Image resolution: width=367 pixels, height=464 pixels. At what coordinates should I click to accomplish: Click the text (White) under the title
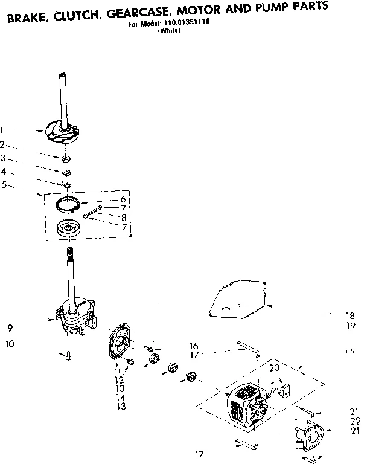168,32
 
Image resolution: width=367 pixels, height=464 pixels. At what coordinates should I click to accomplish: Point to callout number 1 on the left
2,129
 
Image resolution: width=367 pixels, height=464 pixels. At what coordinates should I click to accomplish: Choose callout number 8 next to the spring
123,217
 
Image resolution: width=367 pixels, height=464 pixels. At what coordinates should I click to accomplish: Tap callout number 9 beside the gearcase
10,328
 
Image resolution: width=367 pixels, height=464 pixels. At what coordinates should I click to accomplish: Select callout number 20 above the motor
274,367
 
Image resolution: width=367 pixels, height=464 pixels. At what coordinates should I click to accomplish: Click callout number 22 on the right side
355,420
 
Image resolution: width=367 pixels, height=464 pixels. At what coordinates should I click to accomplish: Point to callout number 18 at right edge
351,315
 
